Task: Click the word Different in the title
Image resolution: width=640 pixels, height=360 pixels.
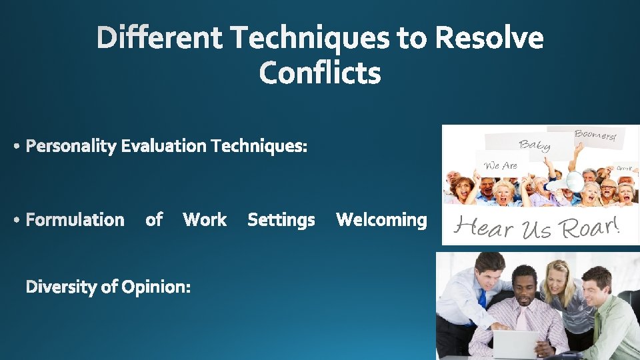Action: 161,38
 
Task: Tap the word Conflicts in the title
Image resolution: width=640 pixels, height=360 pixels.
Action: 320,73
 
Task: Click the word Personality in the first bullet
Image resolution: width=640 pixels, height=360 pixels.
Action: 71,146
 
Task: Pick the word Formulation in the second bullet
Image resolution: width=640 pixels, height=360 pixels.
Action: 75,220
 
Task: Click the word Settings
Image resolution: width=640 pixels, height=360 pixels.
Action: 281,220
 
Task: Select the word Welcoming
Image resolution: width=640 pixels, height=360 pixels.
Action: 381,220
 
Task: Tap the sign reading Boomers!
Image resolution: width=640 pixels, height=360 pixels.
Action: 595,135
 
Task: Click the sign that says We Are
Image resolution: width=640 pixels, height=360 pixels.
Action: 501,165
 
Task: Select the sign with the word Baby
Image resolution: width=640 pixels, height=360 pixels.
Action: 535,144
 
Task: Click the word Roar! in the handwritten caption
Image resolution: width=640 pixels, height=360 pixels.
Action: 591,227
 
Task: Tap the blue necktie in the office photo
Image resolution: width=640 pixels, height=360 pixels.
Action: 482,298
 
